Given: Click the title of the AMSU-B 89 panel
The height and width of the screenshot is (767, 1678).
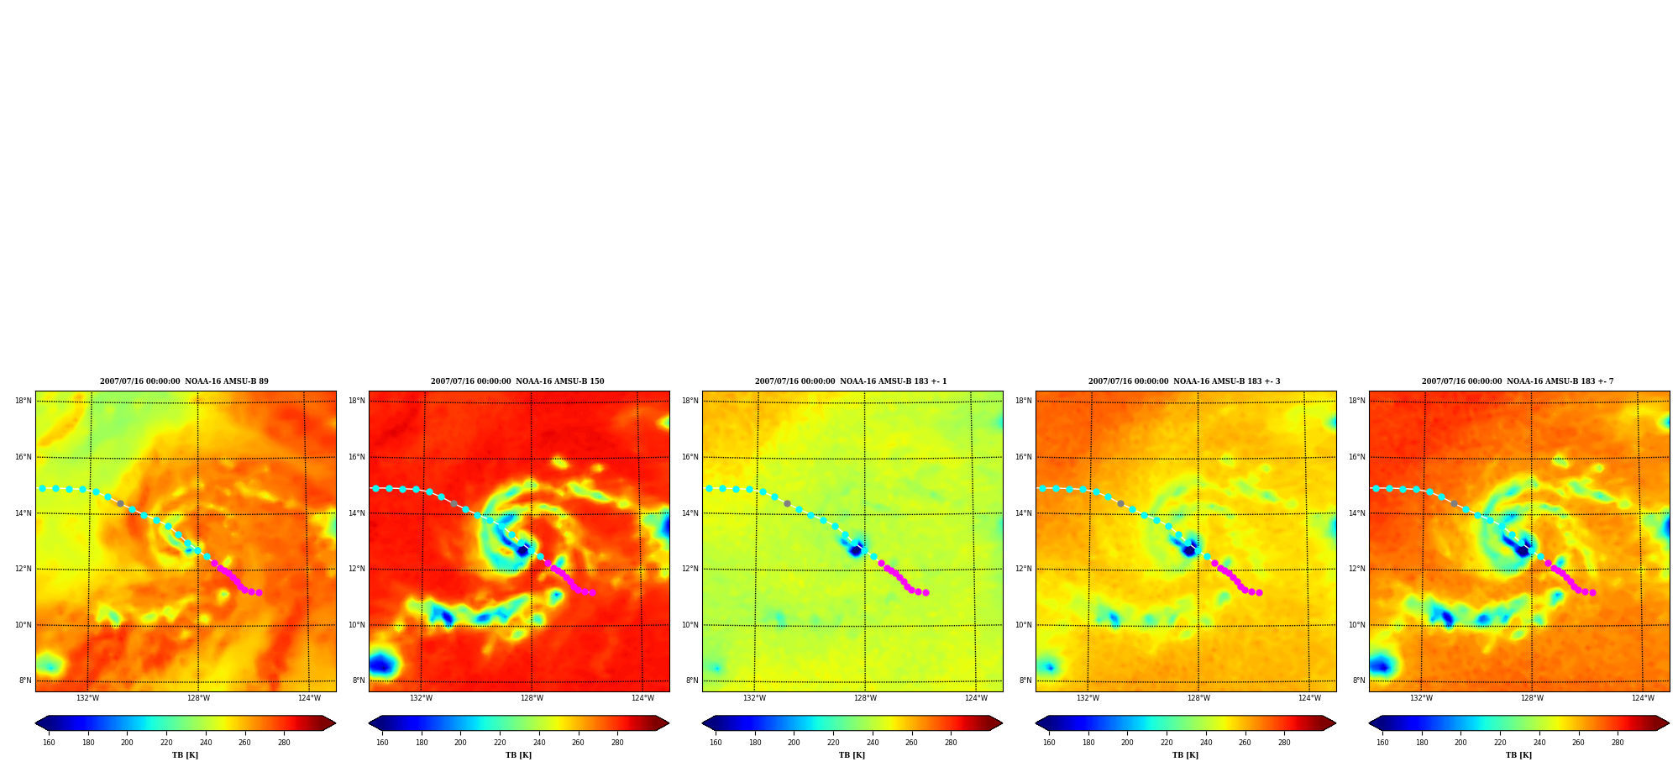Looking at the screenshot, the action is click(x=184, y=381).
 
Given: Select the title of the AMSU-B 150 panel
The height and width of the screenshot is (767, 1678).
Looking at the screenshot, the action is click(x=517, y=381).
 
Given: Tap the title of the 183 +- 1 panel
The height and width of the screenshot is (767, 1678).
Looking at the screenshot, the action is click(x=851, y=381).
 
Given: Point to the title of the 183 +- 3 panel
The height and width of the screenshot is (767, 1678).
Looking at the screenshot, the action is click(x=1184, y=381).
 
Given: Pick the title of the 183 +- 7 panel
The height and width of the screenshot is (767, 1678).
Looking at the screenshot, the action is click(x=1518, y=381).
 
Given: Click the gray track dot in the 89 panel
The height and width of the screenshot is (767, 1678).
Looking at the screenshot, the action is click(x=120, y=503).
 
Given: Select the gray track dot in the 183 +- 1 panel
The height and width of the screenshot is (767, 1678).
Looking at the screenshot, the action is click(x=787, y=503).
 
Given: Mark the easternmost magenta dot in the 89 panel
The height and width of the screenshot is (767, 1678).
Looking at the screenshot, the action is click(x=259, y=592).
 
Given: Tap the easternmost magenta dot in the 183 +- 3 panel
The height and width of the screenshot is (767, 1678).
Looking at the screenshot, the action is click(x=1259, y=592).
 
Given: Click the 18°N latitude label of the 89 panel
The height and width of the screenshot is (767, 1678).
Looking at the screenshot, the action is click(x=24, y=401).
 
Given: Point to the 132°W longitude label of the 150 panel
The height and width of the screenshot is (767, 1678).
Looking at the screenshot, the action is click(x=421, y=698).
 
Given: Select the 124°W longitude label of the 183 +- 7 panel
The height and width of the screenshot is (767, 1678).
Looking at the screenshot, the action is click(x=1643, y=698).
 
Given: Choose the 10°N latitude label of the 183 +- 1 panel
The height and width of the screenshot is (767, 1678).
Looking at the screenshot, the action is click(x=690, y=625).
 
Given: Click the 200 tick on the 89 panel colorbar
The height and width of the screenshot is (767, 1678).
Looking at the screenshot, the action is click(x=127, y=743).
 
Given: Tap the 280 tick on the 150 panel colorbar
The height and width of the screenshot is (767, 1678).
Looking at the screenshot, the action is click(x=617, y=743).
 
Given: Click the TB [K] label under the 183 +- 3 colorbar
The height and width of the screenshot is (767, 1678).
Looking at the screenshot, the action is click(x=1185, y=755).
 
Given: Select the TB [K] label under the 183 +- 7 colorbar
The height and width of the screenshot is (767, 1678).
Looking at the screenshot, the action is click(x=1518, y=755).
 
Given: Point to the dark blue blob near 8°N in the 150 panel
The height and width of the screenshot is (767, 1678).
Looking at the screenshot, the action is click(x=383, y=665).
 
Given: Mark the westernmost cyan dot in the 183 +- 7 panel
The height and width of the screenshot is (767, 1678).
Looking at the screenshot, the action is click(x=1376, y=488).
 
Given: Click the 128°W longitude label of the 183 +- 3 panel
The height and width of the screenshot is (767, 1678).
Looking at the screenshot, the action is click(x=1198, y=698).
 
